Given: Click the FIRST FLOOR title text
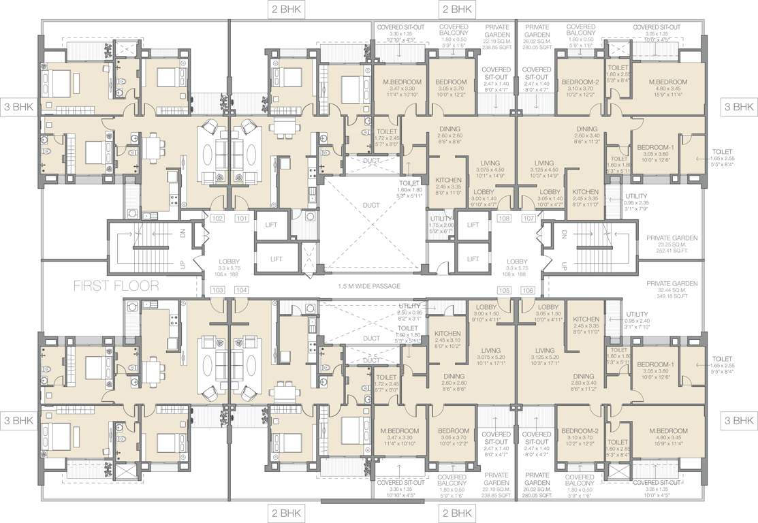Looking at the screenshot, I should point(116,286).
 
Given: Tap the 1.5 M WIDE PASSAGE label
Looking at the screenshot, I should point(368,286).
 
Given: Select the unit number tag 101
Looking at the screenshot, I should point(241,219).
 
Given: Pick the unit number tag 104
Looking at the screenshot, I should point(241,290).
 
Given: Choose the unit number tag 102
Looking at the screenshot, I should point(218,219).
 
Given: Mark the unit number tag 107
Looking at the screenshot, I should point(528,219).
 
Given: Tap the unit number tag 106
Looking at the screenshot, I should point(528,290).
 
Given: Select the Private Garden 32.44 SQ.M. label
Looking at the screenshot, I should point(672,289).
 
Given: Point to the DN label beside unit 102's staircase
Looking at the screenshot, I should point(183,233).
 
